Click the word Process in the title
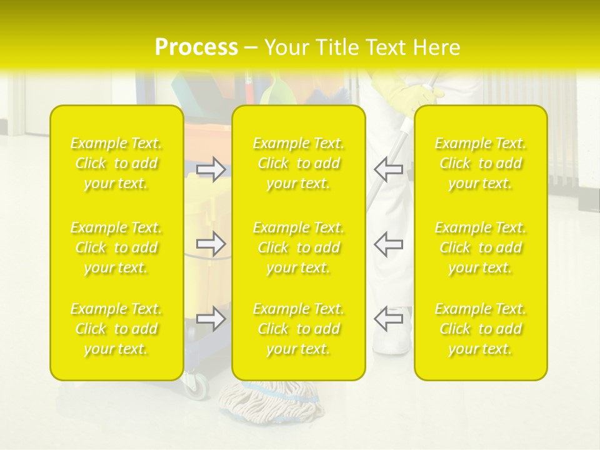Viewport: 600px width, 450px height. click(196, 47)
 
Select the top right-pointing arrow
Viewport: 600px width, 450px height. click(211, 169)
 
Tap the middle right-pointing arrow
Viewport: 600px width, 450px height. click(211, 244)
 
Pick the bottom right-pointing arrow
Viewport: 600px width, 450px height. click(211, 319)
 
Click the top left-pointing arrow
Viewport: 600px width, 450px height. click(388, 169)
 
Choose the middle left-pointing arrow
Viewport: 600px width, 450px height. click(388, 244)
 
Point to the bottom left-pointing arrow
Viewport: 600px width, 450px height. click(388, 319)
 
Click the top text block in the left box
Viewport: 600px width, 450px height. click(116, 163)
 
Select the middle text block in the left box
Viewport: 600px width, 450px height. click(116, 247)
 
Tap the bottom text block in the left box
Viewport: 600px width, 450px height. click(116, 329)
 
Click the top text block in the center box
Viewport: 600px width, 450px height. click(299, 163)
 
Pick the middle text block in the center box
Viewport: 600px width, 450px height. click(299, 247)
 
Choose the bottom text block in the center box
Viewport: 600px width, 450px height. click(299, 329)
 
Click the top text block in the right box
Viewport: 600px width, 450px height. click(481, 163)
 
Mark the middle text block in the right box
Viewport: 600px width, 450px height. click(481, 247)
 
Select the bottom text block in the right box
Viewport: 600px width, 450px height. click(481, 329)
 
